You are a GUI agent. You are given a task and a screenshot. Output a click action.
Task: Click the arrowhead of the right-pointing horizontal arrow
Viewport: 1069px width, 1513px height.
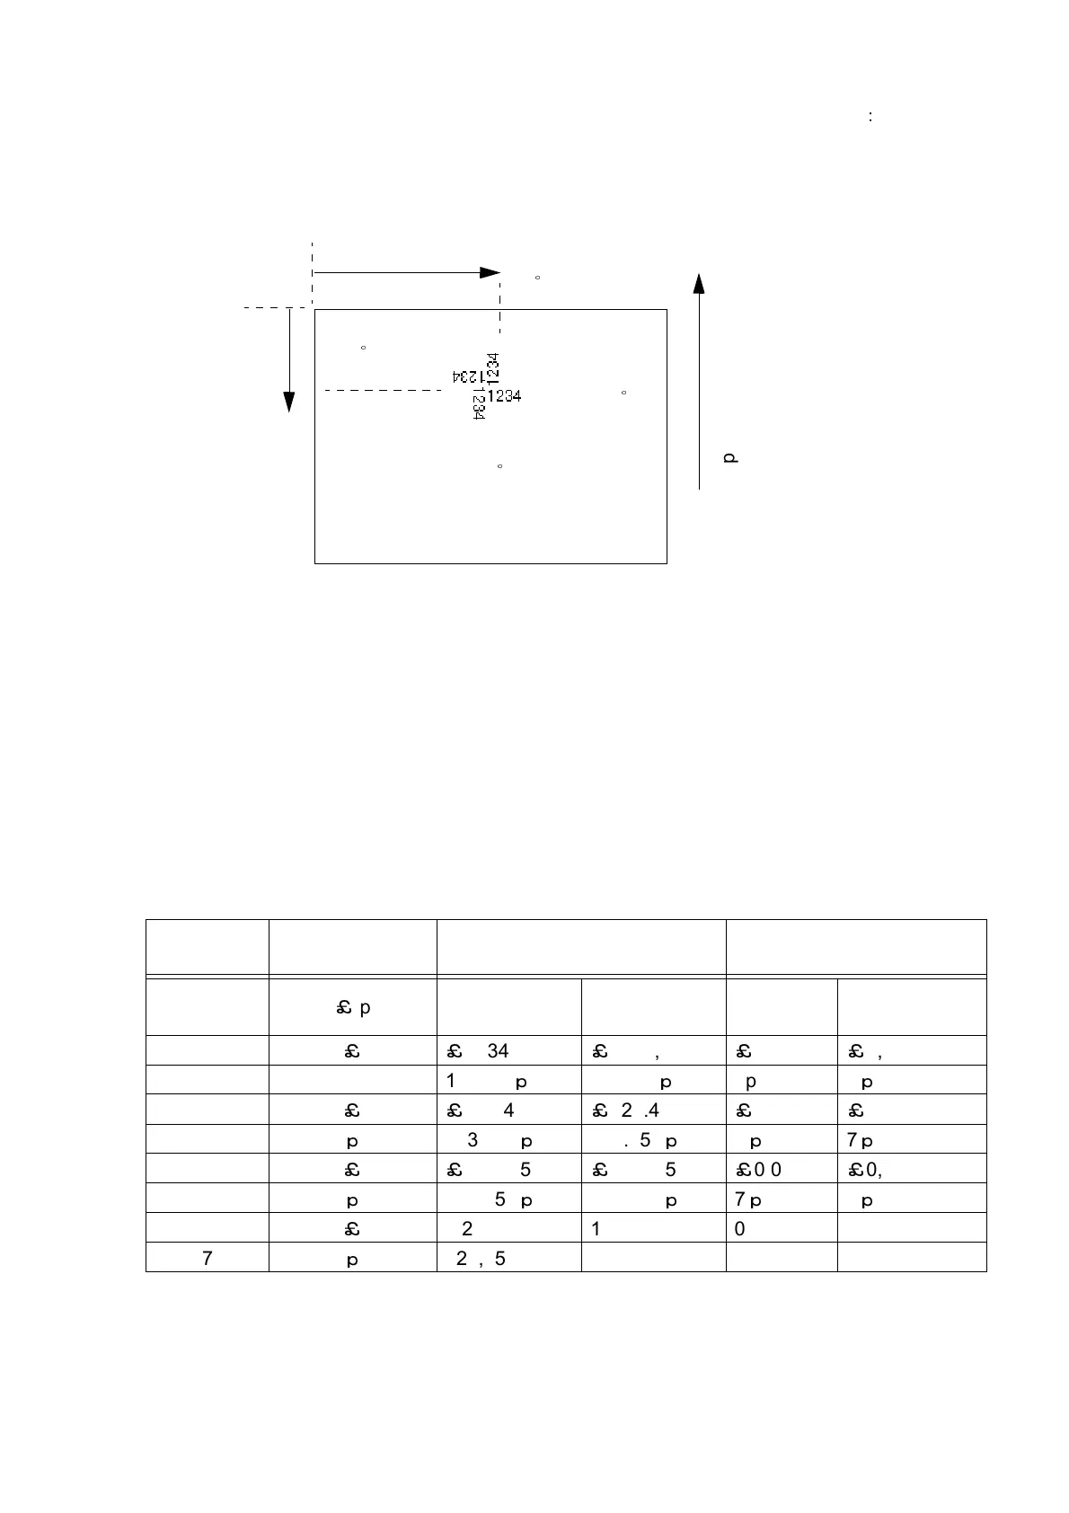490,272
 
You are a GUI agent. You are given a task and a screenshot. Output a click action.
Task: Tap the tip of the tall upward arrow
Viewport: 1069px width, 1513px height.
699,283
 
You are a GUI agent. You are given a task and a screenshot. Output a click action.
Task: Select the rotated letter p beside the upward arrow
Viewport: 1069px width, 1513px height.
730,458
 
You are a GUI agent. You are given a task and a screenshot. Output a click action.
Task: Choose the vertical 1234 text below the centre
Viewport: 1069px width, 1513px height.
479,405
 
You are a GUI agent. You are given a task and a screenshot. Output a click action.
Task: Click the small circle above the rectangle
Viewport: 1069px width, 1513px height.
537,278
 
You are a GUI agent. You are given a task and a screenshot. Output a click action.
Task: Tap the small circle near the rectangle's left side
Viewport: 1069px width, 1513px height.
363,347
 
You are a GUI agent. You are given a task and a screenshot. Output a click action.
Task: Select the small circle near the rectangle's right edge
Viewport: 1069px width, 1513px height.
623,393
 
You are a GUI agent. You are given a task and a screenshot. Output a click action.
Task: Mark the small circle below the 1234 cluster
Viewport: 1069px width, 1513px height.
499,466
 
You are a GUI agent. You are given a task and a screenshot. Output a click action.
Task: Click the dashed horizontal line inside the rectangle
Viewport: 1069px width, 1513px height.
382,390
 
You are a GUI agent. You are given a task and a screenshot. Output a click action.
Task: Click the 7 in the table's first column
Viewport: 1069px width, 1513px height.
208,1259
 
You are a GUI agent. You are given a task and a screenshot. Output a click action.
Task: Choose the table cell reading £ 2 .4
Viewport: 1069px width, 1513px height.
625,1110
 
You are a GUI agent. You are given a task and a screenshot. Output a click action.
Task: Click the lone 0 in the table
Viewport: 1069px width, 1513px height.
739,1229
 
